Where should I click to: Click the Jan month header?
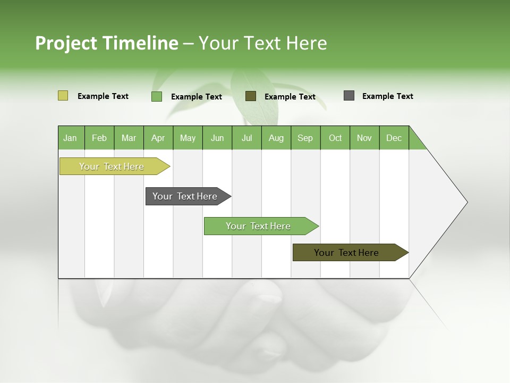coord(71,138)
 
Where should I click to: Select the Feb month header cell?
coord(99,138)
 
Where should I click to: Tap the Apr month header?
coord(158,138)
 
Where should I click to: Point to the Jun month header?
coord(217,138)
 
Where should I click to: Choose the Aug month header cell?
coord(276,138)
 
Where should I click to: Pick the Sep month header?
coord(305,138)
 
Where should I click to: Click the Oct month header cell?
coord(335,138)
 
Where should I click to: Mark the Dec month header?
coord(394,138)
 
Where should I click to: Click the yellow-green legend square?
coord(63,96)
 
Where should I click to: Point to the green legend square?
coord(157,96)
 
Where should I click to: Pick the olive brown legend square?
coord(251,96)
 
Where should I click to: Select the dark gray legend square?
coord(349,96)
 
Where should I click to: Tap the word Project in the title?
coord(66,43)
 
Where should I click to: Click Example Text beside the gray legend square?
coord(387,96)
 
